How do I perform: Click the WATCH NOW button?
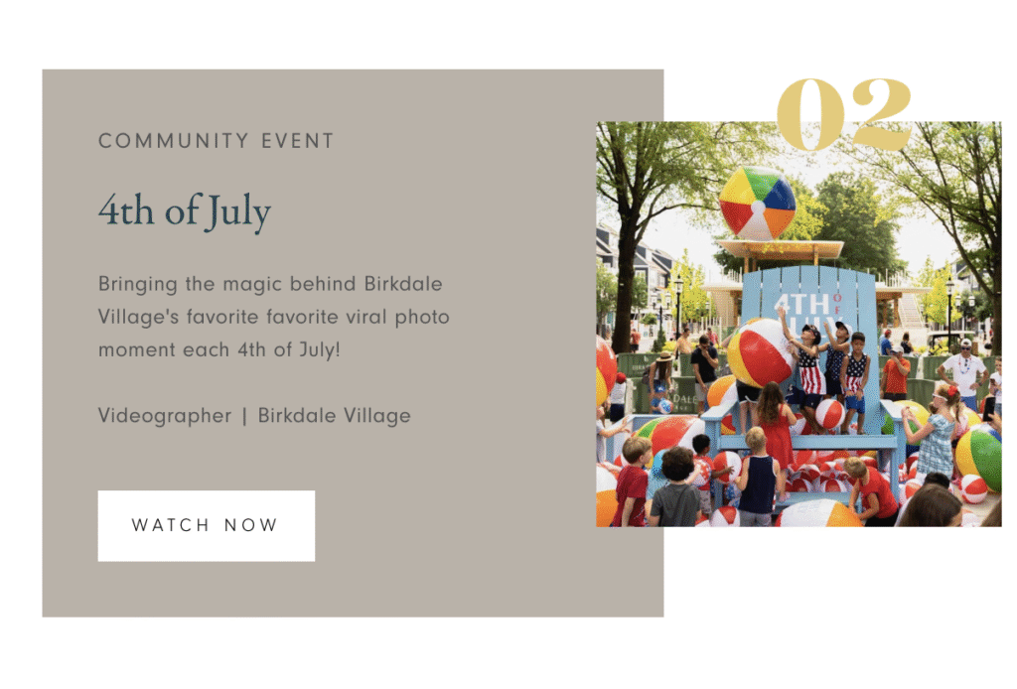click(207, 525)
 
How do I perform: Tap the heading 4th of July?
click(184, 211)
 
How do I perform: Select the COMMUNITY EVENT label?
click(216, 141)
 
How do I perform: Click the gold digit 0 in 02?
click(811, 115)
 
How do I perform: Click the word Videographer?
click(165, 415)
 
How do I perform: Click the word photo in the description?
click(422, 318)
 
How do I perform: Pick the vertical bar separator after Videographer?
click(244, 416)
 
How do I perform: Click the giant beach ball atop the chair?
click(757, 204)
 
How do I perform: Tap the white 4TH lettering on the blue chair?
click(801, 305)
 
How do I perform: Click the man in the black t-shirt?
click(705, 368)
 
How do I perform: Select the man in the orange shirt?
click(896, 372)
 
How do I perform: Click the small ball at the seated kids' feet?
click(829, 414)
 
